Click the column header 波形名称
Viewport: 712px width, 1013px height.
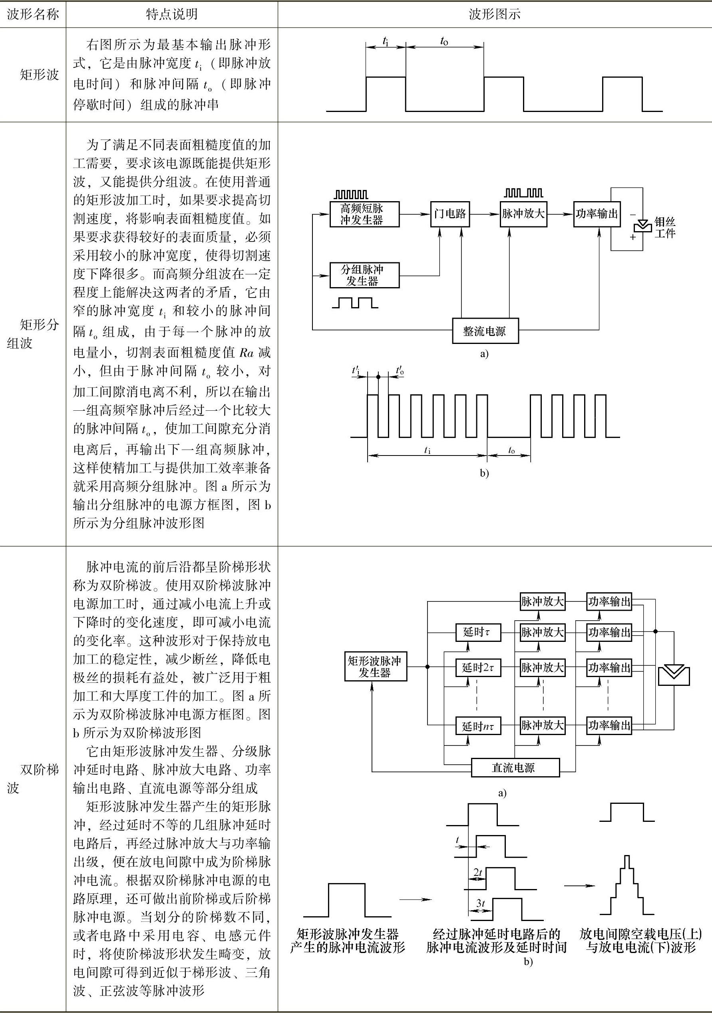coord(33,14)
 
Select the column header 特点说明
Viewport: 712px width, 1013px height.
coord(171,14)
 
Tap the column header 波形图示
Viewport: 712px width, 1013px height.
coord(494,14)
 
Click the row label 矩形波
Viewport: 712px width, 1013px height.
coord(39,74)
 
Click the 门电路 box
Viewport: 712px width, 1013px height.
coord(449,214)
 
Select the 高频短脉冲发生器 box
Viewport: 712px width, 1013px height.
coord(364,214)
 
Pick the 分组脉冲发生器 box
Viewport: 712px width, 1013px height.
coord(364,275)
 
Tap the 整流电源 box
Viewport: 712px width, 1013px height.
coord(485,331)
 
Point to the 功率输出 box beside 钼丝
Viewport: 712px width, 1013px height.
coord(597,214)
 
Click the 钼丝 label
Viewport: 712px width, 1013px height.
coord(665,222)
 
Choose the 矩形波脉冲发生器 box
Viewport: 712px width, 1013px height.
coord(375,667)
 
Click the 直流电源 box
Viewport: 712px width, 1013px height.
coord(515,768)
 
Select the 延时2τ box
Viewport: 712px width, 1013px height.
coord(478,667)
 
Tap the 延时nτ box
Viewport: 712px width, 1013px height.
coord(478,726)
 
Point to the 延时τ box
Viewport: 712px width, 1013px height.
coord(478,632)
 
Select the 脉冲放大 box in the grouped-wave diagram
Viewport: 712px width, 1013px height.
coord(523,214)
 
